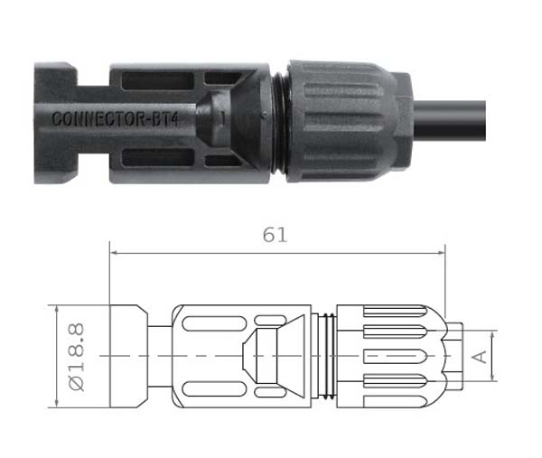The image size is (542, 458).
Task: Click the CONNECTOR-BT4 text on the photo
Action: pos(116,118)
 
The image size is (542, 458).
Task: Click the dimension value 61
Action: pos(275,235)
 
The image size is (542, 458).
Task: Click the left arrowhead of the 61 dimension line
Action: pos(113,253)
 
